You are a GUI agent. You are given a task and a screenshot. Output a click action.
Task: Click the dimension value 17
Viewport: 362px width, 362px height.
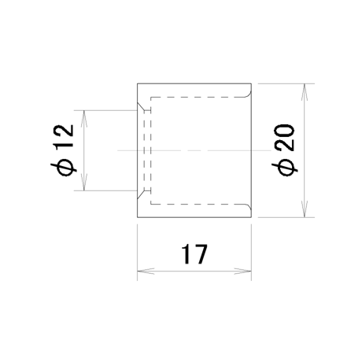194,254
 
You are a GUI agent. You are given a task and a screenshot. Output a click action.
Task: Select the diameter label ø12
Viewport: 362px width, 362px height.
62,150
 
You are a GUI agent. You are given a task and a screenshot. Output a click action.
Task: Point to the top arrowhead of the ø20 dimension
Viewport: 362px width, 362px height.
304,92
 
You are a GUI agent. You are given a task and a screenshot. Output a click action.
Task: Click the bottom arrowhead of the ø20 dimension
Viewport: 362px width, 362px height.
304,209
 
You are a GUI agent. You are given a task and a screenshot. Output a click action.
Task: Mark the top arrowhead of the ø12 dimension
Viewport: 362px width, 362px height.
84,119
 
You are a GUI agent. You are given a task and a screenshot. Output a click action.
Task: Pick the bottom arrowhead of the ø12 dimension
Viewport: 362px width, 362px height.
84,182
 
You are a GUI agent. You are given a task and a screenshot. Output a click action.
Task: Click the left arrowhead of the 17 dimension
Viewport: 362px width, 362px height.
146,271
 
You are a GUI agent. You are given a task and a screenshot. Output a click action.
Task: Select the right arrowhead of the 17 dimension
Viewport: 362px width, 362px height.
242,271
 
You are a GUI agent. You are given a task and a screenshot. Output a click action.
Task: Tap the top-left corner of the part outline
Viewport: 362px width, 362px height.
137,83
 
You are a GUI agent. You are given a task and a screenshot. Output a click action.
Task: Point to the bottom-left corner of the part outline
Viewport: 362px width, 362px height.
137,217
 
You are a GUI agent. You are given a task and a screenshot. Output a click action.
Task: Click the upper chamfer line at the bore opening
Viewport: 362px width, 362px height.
141,106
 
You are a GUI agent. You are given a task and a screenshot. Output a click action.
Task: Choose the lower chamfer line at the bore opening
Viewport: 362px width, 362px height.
141,194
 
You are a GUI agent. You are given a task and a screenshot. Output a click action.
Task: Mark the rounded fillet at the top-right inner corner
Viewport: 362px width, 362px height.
249,94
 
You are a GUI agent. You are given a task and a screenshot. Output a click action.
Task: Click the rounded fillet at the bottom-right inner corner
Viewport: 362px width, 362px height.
249,208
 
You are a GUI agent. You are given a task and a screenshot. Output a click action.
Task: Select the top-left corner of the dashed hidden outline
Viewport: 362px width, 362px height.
150,98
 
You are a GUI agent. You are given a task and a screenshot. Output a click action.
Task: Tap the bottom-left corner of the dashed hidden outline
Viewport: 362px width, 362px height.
150,204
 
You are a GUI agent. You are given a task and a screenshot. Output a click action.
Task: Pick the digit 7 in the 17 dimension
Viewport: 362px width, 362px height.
201,254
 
